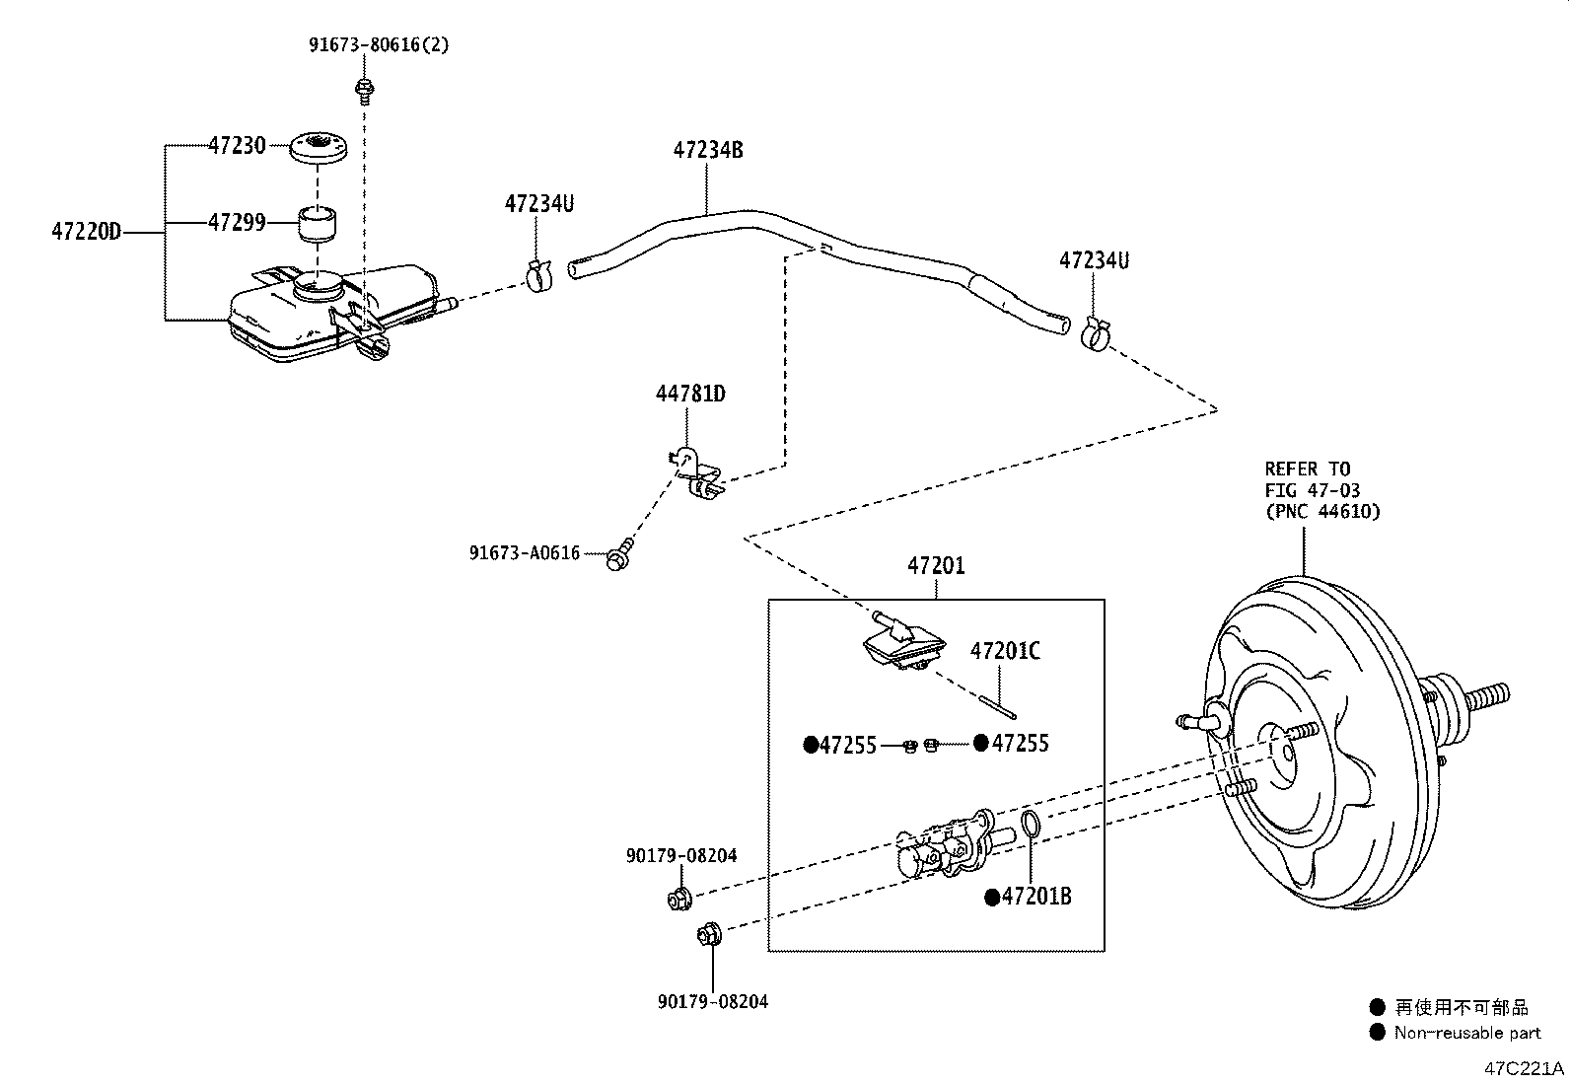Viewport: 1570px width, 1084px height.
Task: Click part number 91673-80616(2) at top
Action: tap(379, 45)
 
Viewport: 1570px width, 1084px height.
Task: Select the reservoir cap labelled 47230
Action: tap(320, 150)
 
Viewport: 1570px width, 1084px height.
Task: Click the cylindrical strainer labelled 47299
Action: tap(318, 225)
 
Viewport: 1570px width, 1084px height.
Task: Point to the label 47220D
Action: tap(85, 233)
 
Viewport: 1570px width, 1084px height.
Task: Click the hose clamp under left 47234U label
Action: tap(537, 277)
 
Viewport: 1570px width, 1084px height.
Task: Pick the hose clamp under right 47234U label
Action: tap(1095, 334)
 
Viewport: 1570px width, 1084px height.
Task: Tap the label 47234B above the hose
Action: tap(707, 150)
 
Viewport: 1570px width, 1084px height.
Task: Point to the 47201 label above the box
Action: tap(935, 566)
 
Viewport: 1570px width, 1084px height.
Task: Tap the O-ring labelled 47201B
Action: tap(1029, 823)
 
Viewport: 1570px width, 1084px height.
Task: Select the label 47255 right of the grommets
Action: tap(1020, 744)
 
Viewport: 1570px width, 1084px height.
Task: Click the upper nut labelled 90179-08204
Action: tap(678, 899)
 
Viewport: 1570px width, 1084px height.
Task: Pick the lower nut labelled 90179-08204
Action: tap(709, 934)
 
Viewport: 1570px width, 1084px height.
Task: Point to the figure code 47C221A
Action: tap(1524, 1068)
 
